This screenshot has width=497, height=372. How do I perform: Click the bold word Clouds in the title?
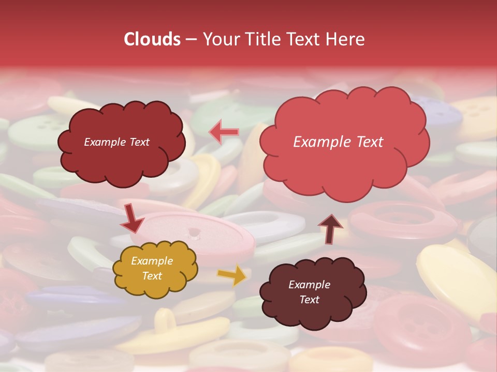(x=152, y=39)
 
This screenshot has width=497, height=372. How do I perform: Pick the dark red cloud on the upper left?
(x=121, y=142)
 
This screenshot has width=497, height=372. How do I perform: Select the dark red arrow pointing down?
(x=132, y=218)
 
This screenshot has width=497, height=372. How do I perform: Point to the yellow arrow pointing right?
(x=232, y=275)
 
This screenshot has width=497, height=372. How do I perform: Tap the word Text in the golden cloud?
(x=152, y=276)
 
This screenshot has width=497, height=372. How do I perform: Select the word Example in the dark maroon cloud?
(x=309, y=285)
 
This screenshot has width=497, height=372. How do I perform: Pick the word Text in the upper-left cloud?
(x=138, y=142)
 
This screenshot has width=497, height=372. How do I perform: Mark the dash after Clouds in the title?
(x=191, y=40)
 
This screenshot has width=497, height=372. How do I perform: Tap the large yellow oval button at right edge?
(x=456, y=279)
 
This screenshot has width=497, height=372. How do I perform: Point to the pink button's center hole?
(x=194, y=233)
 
